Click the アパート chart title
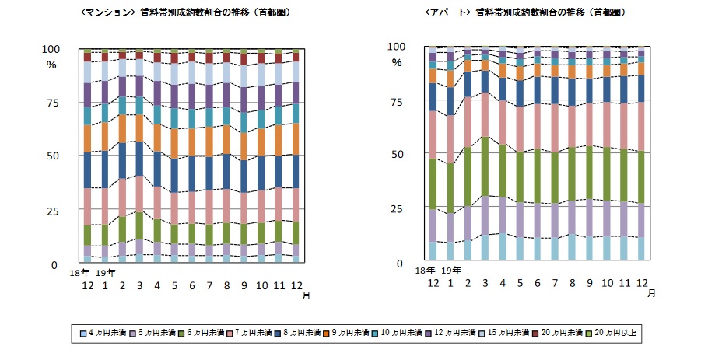(526, 13)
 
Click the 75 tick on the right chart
(398, 101)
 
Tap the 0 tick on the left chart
(54, 265)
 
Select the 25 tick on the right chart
(398, 209)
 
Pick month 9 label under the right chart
(589, 282)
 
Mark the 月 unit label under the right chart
(651, 293)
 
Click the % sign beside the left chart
(51, 65)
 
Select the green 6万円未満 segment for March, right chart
(485, 166)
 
